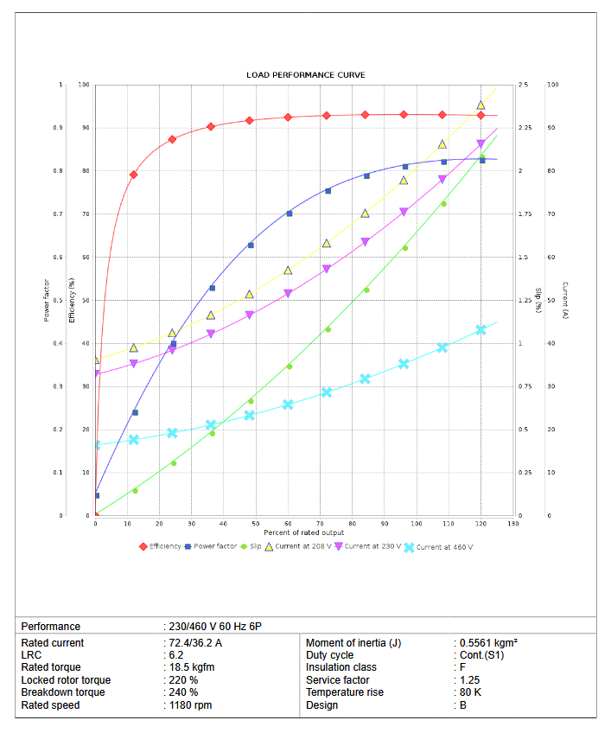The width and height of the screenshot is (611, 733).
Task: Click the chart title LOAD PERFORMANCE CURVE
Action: point(305,75)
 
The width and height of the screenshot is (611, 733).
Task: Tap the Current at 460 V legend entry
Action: point(444,547)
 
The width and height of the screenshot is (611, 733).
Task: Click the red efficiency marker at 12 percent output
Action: point(134,175)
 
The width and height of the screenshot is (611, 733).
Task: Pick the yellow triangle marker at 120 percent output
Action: point(481,105)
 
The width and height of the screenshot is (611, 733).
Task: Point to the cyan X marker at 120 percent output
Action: point(481,330)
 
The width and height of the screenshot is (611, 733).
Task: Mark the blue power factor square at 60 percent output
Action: point(290,214)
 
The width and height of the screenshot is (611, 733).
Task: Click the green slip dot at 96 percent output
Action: point(404,248)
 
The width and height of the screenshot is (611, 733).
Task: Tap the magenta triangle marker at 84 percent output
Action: point(366,242)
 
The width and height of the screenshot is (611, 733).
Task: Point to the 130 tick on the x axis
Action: point(514,524)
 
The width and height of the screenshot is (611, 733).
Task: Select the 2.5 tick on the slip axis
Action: point(524,85)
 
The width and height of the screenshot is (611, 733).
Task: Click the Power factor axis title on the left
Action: point(46,300)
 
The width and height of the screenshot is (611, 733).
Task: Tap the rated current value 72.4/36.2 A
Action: point(194,643)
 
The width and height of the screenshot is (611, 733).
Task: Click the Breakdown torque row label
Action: point(63,692)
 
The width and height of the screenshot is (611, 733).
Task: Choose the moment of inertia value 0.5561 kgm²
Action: point(488,643)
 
